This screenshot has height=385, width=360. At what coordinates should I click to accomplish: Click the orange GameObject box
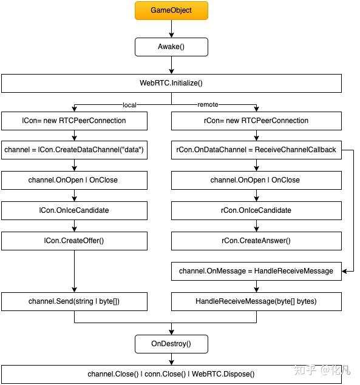(171, 10)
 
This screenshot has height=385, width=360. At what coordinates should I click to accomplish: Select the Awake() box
(171, 47)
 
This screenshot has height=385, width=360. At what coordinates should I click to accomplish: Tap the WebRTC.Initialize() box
(171, 83)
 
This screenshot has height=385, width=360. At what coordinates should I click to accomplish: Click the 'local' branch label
(129, 105)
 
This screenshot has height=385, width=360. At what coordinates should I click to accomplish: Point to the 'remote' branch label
(208, 104)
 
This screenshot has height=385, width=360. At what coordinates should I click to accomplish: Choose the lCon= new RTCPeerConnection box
(74, 121)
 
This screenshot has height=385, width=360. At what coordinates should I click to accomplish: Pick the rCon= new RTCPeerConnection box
(256, 121)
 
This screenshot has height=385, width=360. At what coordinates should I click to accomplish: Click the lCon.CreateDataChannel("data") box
(74, 150)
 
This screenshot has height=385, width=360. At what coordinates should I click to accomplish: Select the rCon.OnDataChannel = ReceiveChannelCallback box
(256, 150)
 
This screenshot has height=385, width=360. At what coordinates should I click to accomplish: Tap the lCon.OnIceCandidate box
(74, 210)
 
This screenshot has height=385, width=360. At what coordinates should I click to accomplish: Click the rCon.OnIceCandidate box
(256, 210)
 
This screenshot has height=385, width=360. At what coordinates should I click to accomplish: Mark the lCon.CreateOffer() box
(74, 241)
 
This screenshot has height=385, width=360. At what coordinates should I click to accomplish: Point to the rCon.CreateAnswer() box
(256, 241)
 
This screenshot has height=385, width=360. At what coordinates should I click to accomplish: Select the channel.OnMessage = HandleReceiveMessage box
(256, 271)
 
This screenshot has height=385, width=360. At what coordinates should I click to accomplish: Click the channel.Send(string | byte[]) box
(74, 301)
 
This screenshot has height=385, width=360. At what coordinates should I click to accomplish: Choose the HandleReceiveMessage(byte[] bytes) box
(256, 301)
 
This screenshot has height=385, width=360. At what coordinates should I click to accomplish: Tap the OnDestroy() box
(171, 344)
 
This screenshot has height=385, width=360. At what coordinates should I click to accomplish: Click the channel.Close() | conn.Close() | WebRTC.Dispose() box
(171, 374)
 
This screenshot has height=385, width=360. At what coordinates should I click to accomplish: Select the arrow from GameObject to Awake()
(171, 28)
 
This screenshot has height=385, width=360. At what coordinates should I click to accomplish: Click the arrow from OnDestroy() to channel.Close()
(171, 359)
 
